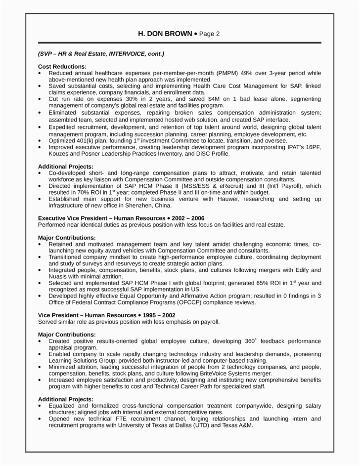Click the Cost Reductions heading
62,66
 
